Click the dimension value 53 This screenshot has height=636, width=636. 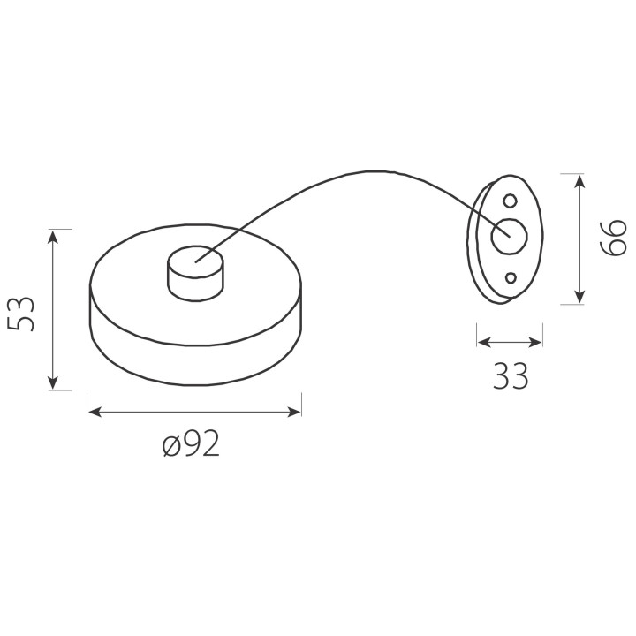(21, 314)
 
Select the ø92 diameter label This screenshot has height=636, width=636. (191, 443)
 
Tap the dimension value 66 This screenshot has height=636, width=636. (613, 238)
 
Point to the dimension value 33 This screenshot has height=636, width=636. (511, 376)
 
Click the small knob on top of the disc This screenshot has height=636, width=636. (195, 273)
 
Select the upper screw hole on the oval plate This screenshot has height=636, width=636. (510, 201)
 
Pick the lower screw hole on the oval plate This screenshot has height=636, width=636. (511, 278)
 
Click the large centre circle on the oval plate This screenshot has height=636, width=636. (510, 236)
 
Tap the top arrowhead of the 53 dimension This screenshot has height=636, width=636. (53, 236)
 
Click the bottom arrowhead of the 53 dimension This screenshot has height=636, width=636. (53, 383)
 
